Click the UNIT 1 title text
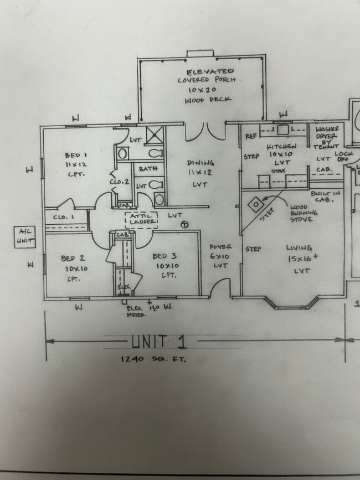pyautogui.click(x=159, y=342)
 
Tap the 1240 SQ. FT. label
pyautogui.click(x=153, y=359)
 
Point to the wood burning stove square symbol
pyautogui.click(x=255, y=204)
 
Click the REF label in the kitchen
pyautogui.click(x=251, y=136)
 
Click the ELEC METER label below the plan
pyautogui.click(x=136, y=311)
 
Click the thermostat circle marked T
pyautogui.click(x=184, y=224)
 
